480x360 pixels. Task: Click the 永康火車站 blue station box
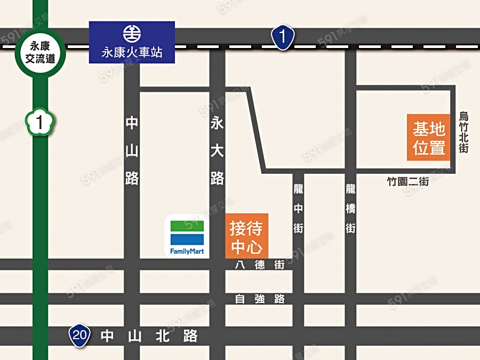(132, 42)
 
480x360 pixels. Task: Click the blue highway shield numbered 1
(283, 38)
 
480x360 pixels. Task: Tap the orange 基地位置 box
(429, 138)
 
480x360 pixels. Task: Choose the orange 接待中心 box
(246, 236)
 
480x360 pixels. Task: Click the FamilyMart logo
(187, 233)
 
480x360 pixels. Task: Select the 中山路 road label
(132, 151)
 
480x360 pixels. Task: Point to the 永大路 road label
(217, 151)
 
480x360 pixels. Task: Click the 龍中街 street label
(298, 209)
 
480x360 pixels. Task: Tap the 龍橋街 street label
(350, 209)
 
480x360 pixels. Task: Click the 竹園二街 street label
(407, 182)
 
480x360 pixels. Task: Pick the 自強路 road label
(260, 299)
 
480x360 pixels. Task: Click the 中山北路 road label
(149, 335)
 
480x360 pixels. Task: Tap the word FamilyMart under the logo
(187, 251)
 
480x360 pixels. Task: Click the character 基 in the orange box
(421, 129)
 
